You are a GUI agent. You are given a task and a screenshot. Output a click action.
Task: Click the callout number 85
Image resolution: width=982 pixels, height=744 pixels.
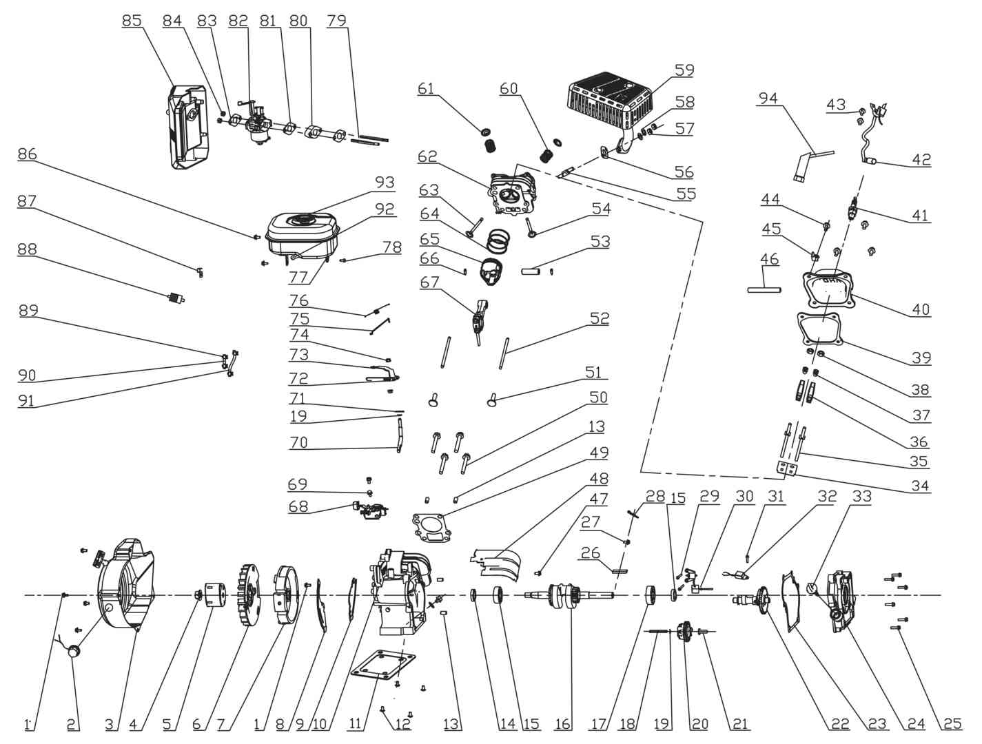click(x=132, y=21)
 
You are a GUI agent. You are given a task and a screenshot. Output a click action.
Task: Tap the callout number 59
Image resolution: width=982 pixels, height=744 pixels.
click(x=684, y=70)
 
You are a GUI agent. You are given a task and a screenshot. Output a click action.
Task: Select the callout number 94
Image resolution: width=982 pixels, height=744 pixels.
click(x=768, y=99)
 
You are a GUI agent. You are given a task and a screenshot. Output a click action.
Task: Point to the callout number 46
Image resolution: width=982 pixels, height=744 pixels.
click(x=769, y=260)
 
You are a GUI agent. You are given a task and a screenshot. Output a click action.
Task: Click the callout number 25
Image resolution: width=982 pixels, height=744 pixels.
click(x=952, y=723)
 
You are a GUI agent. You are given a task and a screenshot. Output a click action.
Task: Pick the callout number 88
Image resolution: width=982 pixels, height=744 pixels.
click(x=28, y=249)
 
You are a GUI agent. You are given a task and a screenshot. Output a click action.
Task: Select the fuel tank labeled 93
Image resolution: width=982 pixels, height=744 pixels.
click(x=301, y=234)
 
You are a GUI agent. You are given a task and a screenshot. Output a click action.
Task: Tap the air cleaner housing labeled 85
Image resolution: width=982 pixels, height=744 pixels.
click(x=187, y=127)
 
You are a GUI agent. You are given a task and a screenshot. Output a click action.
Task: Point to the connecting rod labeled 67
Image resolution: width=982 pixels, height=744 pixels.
click(x=480, y=317)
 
